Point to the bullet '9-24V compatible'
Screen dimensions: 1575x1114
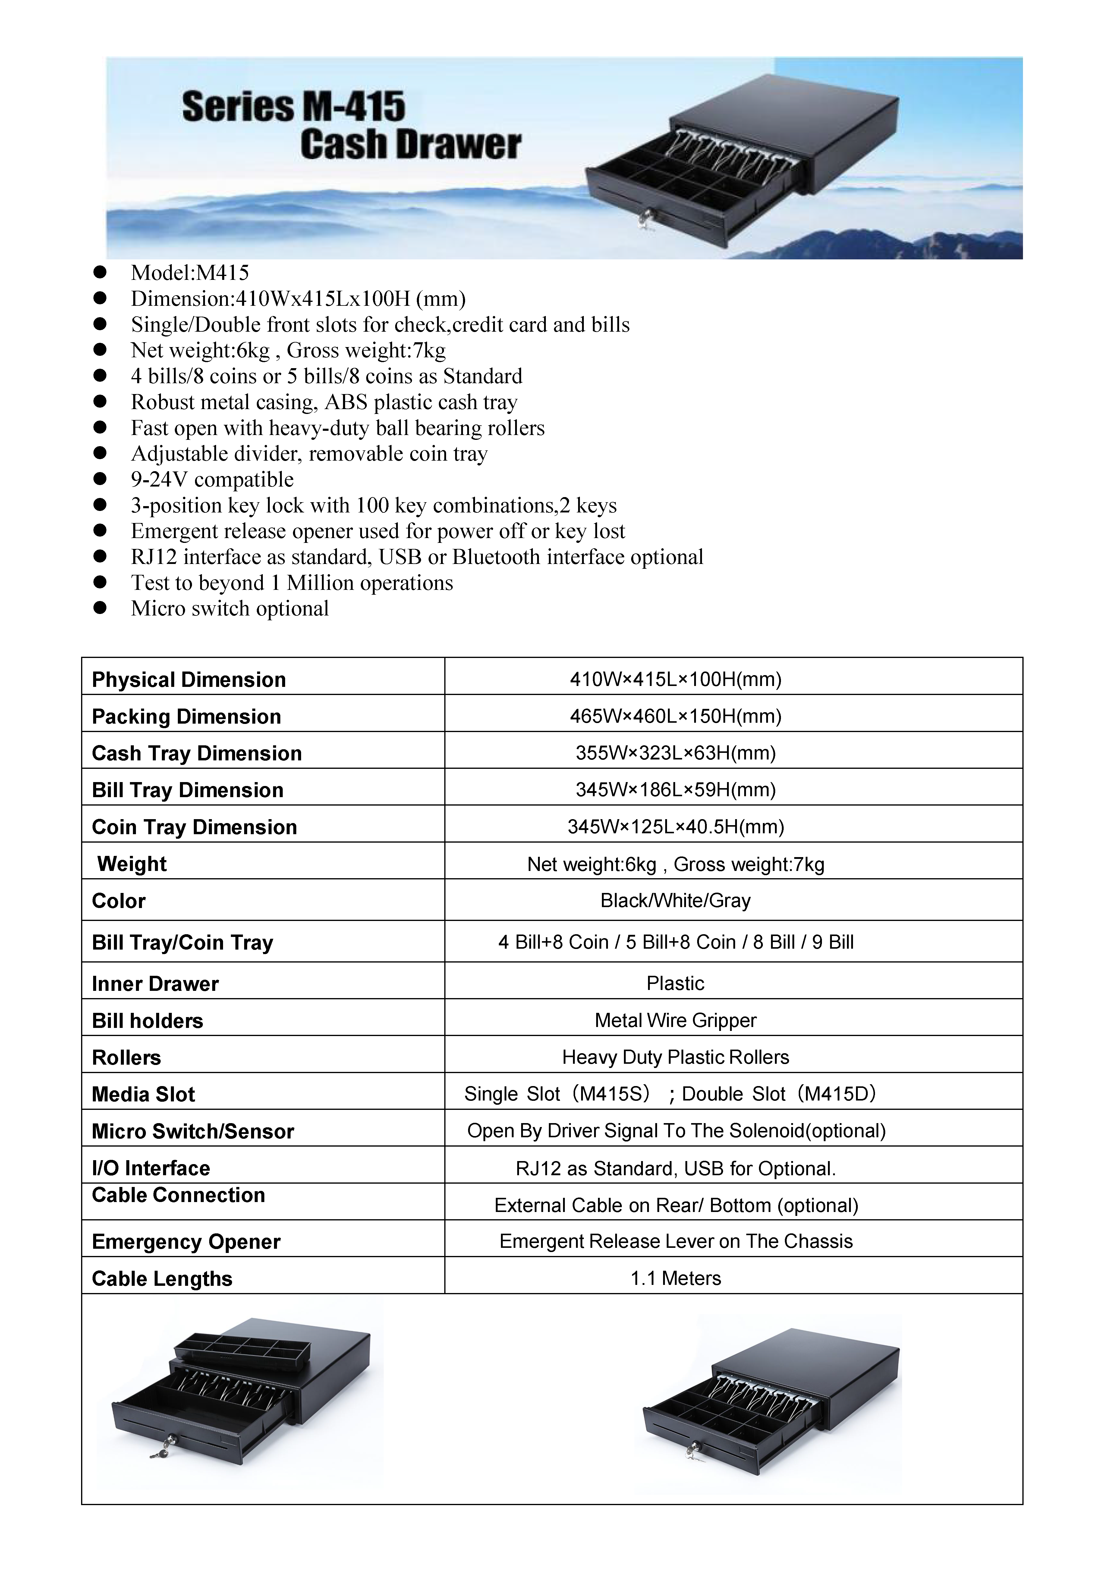pyautogui.click(x=212, y=480)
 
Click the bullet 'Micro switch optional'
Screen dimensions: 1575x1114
pyautogui.click(x=230, y=609)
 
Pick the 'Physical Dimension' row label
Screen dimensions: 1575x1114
pyautogui.click(x=189, y=680)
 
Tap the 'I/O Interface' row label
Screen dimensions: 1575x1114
pyautogui.click(x=151, y=1168)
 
